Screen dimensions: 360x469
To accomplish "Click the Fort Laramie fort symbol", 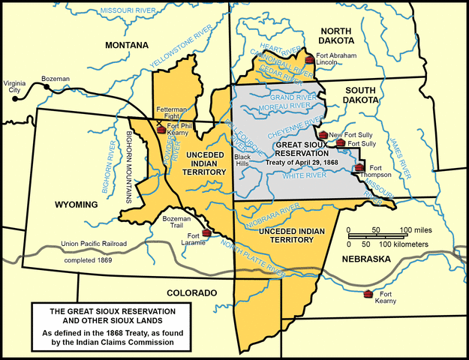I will (x=206, y=232).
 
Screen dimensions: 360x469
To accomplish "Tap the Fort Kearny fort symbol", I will (x=368, y=293).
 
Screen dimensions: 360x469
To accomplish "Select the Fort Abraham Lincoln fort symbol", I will (x=308, y=58).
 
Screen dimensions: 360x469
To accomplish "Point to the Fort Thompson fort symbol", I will (x=359, y=167).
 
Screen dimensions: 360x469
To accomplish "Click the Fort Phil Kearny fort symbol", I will (x=161, y=130).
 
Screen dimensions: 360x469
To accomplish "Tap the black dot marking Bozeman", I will (x=47, y=88).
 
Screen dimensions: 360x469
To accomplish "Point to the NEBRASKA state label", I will (x=368, y=259).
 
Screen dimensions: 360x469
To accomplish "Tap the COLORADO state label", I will (x=191, y=292).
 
